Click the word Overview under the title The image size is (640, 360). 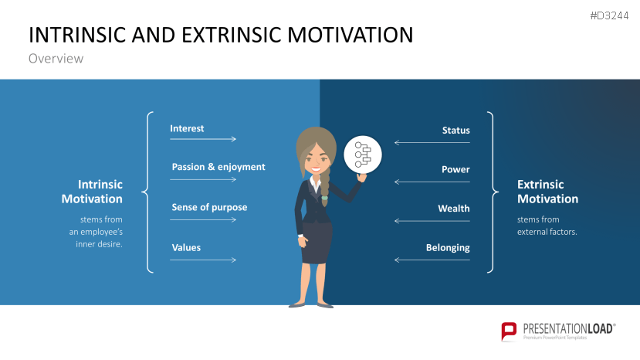(x=56, y=59)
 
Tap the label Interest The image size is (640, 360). (x=187, y=128)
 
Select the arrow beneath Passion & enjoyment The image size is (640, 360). (x=203, y=179)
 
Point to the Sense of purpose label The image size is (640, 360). (x=209, y=207)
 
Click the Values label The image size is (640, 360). (x=186, y=247)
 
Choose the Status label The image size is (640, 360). (x=455, y=131)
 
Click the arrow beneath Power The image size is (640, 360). (x=432, y=182)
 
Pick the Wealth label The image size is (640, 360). (x=453, y=209)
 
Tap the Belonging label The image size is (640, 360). (x=448, y=248)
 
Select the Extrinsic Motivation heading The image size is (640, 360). (x=547, y=192)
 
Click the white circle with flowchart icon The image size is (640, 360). (x=362, y=155)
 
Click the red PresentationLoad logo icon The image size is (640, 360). (x=509, y=331)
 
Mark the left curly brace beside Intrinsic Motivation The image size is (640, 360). (x=147, y=192)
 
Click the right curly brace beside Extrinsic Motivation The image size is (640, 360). (x=491, y=192)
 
